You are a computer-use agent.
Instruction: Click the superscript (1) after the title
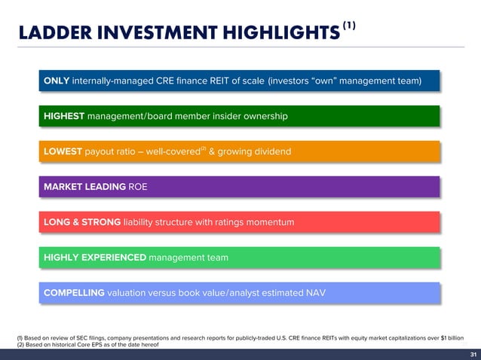point(349,25)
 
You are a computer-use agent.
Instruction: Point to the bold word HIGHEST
point(64,117)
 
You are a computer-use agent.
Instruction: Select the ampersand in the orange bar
point(212,152)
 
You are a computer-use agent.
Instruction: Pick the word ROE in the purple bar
point(138,187)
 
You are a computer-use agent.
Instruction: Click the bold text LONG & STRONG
point(82,222)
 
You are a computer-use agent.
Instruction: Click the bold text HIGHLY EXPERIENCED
point(95,258)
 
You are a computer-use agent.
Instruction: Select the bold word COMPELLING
point(74,293)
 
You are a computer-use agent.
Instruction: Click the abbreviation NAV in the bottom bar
point(314,293)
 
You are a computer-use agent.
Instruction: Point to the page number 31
point(472,354)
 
